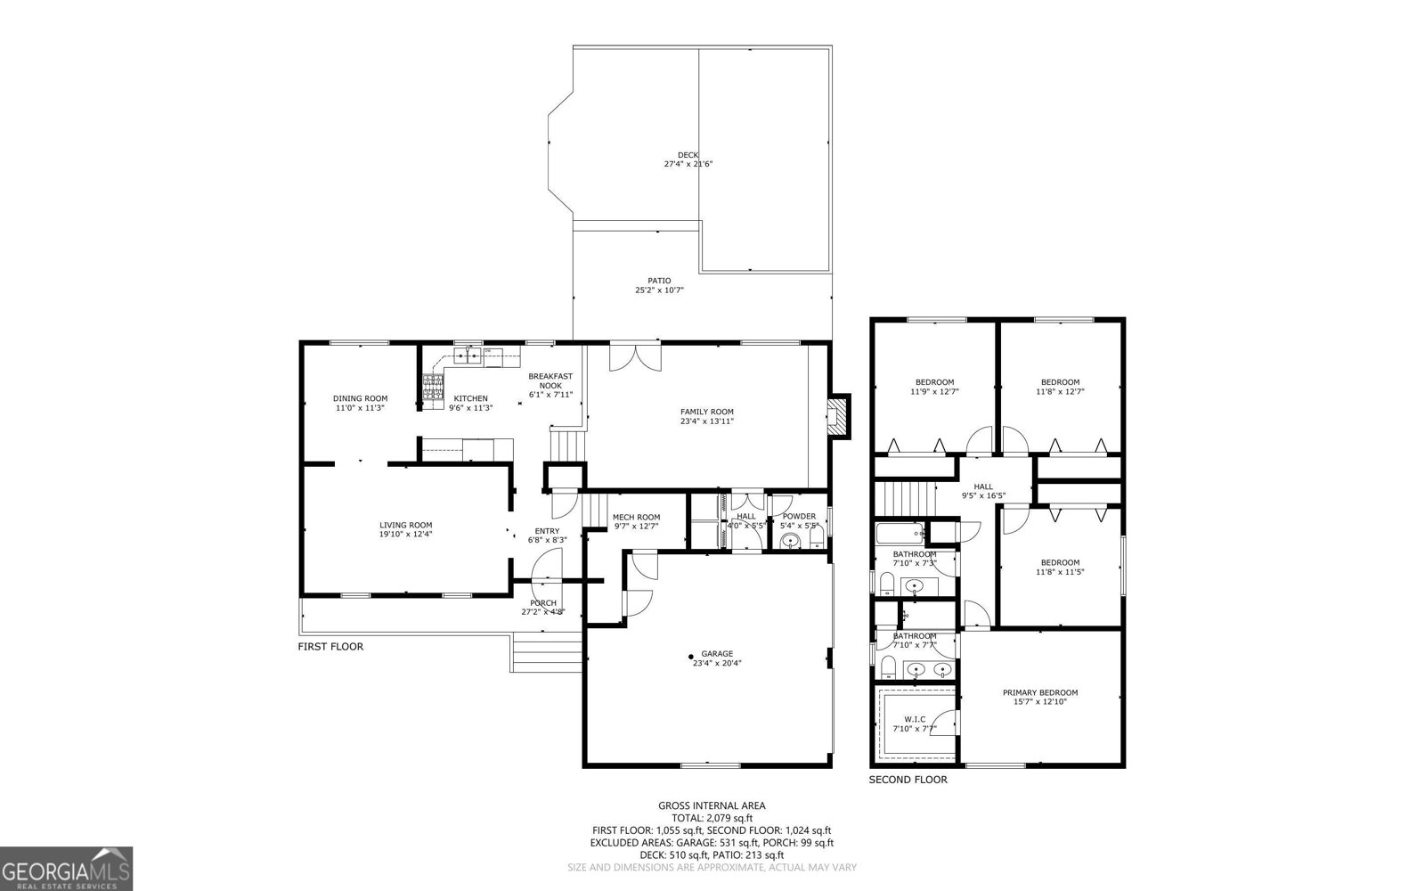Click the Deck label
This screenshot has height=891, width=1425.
[688, 155]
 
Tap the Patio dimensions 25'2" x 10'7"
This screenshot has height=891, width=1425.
[659, 290]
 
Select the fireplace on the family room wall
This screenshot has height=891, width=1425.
[838, 415]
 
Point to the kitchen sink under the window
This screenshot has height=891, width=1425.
[468, 356]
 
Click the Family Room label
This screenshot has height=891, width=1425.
[707, 412]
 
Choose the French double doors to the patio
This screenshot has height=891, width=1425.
[636, 357]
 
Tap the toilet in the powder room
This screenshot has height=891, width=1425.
[789, 542]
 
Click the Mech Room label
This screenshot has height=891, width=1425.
[636, 517]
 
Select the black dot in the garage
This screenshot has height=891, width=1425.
[691, 657]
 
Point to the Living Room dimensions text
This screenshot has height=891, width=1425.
[405, 535]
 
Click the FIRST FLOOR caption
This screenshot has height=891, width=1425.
[330, 647]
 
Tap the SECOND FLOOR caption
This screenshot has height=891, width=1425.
[908, 780]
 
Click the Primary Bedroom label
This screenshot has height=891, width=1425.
[1039, 692]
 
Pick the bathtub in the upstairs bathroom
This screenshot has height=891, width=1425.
[900, 535]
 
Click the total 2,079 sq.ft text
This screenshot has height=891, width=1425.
[712, 818]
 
